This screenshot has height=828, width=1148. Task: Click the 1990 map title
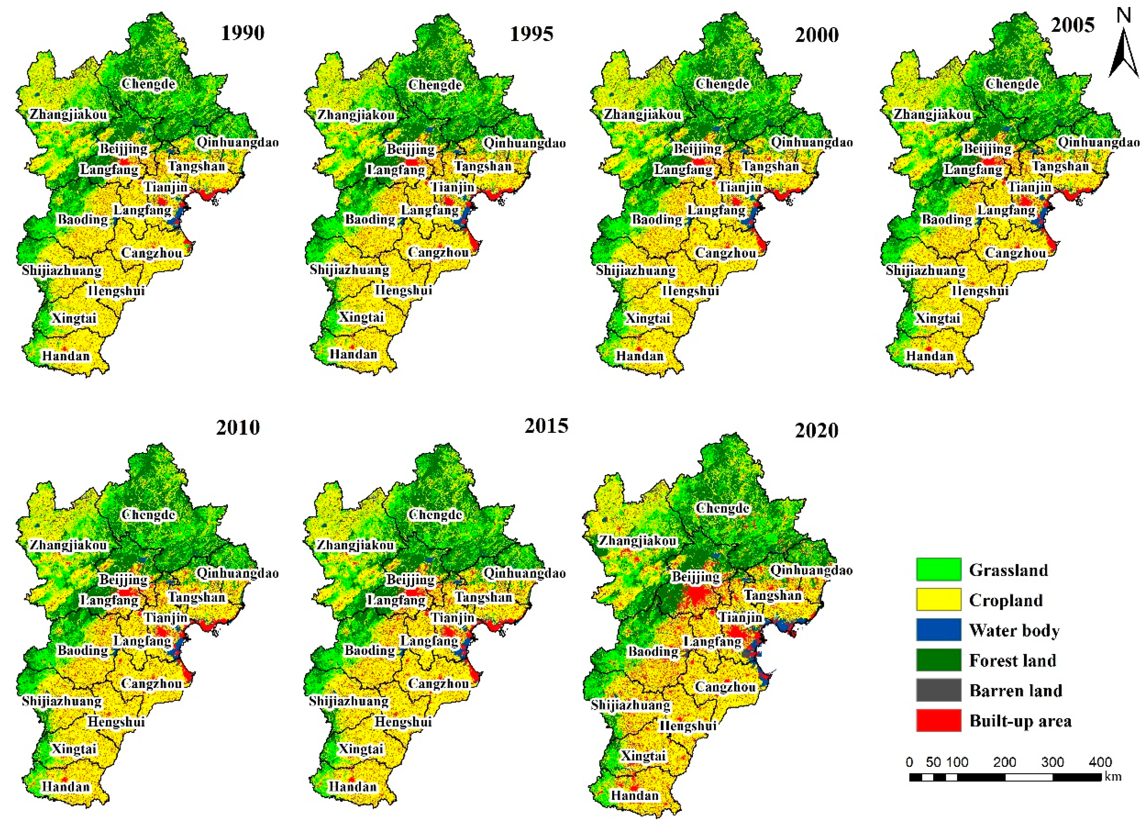[242, 33]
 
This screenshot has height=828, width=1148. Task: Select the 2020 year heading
[817, 431]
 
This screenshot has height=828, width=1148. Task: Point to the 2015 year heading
[546, 426]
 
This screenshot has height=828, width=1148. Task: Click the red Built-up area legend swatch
[938, 720]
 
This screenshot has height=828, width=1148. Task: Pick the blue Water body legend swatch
[938, 630]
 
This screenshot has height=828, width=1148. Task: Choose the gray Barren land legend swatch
[938, 690]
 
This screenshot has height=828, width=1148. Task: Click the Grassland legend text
[1008, 570]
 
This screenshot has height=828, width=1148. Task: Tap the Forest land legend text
[1012, 660]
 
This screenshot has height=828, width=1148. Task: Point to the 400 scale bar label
[1100, 762]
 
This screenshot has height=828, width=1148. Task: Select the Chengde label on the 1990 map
[148, 84]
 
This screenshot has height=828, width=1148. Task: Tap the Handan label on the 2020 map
[634, 795]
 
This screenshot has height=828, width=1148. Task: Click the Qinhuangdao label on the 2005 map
[1098, 142]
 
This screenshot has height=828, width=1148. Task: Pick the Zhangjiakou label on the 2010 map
[68, 545]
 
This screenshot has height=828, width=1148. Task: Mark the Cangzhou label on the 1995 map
[438, 252]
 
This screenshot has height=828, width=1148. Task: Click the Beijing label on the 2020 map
[696, 576]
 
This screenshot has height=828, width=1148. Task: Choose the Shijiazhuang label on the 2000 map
[635, 270]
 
